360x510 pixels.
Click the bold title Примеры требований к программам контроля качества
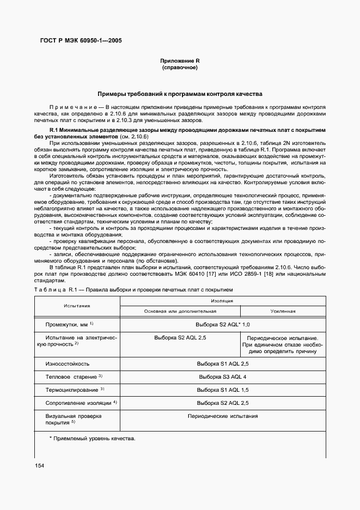pos(180,94)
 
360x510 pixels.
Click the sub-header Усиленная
pos(283,311)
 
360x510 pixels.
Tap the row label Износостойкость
pos(67,363)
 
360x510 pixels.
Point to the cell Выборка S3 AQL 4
pos(222,377)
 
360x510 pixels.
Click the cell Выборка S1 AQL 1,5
pos(222,390)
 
